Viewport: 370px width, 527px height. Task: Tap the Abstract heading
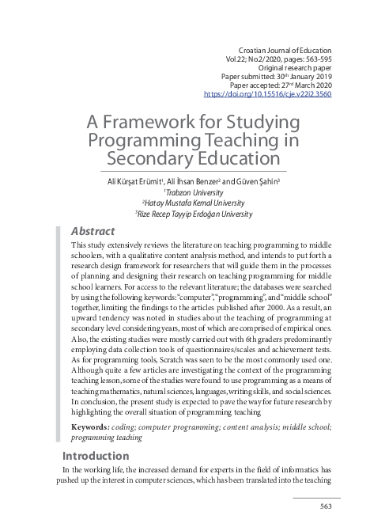coord(92,231)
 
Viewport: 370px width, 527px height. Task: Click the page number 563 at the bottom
coord(325,506)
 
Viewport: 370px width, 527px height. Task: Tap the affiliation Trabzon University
coord(187,192)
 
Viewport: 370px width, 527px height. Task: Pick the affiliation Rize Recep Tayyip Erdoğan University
coord(187,213)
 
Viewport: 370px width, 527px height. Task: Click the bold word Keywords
coord(89,427)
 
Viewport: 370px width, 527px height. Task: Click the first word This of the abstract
coord(81,246)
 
